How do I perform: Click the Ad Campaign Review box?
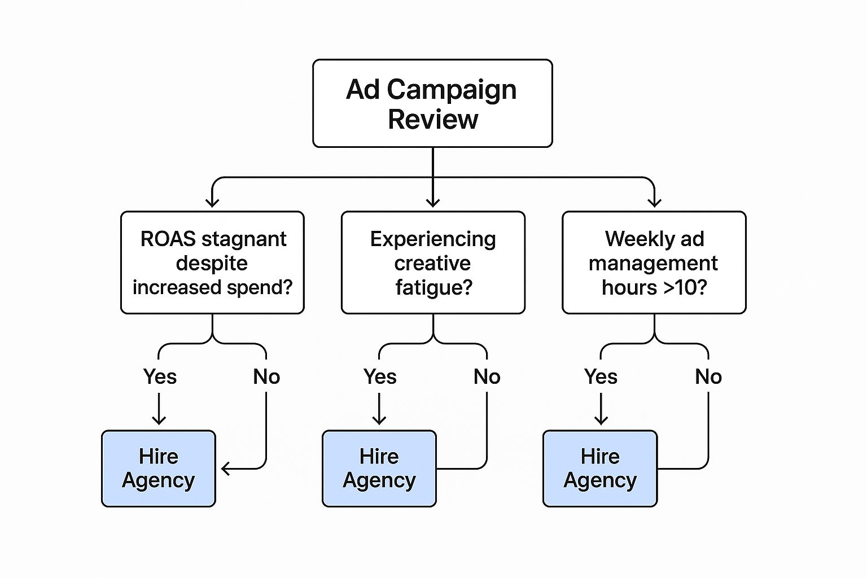[x=432, y=104]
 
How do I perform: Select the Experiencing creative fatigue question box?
[x=433, y=262]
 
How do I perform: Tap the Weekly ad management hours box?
[x=654, y=262]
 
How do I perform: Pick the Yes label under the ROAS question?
[x=160, y=376]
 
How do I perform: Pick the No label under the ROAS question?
[x=266, y=376]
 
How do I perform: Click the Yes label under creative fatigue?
[x=380, y=376]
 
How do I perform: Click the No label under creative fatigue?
[x=487, y=376]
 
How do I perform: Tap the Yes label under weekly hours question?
[x=601, y=376]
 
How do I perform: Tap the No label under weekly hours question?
[x=708, y=376]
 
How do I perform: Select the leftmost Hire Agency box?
[x=159, y=468]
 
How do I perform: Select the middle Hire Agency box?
[x=379, y=468]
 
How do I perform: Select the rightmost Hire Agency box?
[x=600, y=468]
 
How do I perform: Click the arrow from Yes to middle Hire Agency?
[x=379, y=409]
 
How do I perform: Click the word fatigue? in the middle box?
[x=433, y=287]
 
